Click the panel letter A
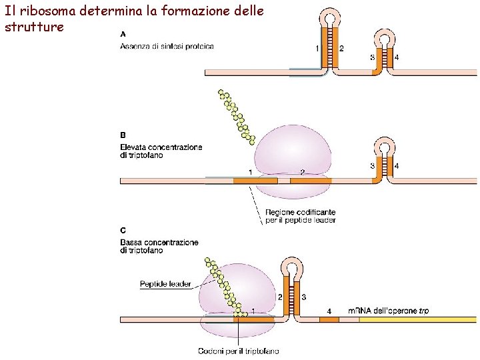click(x=123, y=34)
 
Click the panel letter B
click(x=123, y=135)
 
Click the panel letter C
click(x=123, y=230)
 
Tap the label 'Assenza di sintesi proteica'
click(x=167, y=45)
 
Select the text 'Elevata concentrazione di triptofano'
click(x=161, y=151)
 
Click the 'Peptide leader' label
click(x=165, y=284)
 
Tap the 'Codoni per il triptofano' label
click(x=239, y=351)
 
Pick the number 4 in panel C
click(x=329, y=311)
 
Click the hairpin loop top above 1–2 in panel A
click(x=329, y=15)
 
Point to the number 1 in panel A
click(x=317, y=48)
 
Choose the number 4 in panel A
click(x=397, y=57)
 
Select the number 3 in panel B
click(x=372, y=165)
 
